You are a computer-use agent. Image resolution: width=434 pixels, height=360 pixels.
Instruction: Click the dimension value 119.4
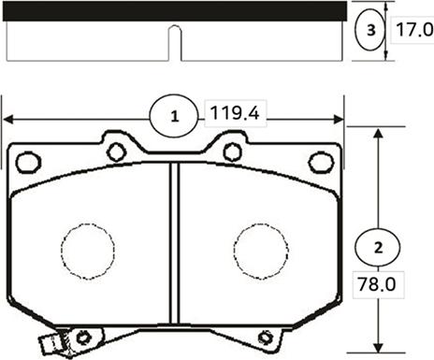click(235, 113)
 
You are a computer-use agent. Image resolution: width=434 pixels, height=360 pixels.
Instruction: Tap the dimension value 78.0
click(377, 284)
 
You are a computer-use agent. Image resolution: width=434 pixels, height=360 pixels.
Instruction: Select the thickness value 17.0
click(414, 30)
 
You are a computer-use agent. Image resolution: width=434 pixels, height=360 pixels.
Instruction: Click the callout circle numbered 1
click(174, 116)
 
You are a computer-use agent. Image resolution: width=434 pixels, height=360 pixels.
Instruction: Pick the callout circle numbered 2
click(378, 248)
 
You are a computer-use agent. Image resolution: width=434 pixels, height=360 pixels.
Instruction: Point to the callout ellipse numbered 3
click(370, 30)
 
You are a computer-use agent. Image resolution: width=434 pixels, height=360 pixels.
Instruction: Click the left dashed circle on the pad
click(88, 252)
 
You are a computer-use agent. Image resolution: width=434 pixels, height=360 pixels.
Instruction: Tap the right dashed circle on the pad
click(261, 252)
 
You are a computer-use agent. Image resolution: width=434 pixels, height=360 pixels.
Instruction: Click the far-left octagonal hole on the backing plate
click(29, 163)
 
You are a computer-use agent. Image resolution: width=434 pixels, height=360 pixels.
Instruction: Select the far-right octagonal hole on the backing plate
click(321, 163)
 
